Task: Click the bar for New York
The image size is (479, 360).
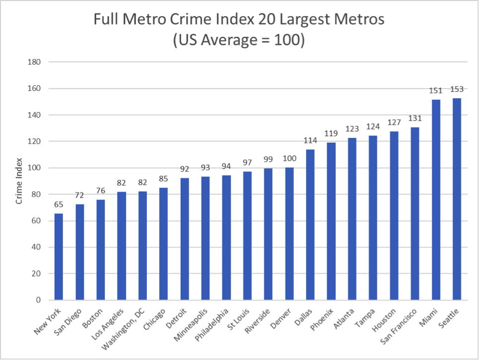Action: coord(59,256)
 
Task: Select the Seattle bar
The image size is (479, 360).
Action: coord(457,199)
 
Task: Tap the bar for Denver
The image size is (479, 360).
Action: coord(289,234)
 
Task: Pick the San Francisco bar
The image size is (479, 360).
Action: coord(415,214)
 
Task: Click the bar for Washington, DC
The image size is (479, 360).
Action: coord(142,245)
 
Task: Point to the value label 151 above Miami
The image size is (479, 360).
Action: coord(436,91)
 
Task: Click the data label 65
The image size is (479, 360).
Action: coord(59,204)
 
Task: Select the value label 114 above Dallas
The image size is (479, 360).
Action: coord(310,140)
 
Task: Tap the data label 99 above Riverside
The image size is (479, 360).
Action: coord(268,159)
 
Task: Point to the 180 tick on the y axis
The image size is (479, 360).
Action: coord(34,62)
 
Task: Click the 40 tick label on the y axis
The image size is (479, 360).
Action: coord(36,247)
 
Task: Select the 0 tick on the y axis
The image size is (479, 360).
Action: coord(38,300)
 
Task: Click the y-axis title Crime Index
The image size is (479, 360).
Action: coord(19,181)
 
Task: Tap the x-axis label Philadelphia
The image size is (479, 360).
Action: coord(211,325)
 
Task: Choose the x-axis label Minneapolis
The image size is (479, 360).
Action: coord(191,325)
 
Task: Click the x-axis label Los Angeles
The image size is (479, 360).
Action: coord(108,324)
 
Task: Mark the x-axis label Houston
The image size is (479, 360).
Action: coord(384,320)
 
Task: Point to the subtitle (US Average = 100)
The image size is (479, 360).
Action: coord(239,40)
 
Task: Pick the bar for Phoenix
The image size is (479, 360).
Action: coord(331,221)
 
